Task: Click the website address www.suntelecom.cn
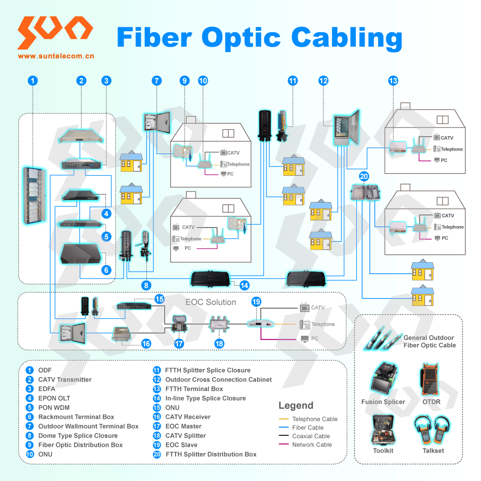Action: [56, 56]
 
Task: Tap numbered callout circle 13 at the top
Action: [393, 81]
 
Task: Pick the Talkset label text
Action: [433, 451]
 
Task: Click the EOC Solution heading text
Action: [211, 302]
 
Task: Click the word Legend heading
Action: [296, 405]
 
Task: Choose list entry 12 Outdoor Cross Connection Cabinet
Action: [218, 380]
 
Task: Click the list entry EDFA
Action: [47, 389]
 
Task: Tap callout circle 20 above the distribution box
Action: [364, 177]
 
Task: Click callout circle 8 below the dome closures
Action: [146, 285]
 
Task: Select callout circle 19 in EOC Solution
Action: [256, 302]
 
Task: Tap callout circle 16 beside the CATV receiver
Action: [146, 343]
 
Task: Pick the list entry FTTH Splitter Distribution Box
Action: [211, 454]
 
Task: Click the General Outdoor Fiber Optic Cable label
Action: [429, 342]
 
